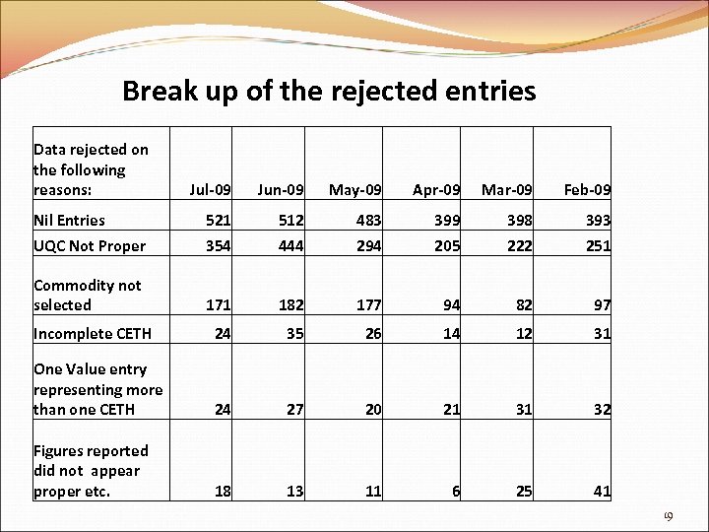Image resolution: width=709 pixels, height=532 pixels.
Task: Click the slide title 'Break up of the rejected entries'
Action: (329, 92)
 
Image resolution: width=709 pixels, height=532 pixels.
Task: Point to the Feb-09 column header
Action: (588, 189)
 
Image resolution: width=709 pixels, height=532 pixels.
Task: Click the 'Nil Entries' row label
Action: (69, 220)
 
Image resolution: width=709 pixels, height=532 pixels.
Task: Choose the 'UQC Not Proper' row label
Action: (89, 246)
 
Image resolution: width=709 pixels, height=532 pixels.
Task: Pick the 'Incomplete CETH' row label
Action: (92, 333)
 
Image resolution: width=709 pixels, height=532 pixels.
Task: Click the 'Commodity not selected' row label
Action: (87, 295)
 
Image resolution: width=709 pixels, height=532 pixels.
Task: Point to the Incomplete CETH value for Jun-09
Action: (294, 333)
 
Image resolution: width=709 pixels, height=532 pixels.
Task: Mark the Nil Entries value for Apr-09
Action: (446, 220)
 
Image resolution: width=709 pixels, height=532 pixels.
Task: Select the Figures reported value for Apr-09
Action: (455, 491)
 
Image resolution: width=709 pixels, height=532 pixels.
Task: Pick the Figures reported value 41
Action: (601, 491)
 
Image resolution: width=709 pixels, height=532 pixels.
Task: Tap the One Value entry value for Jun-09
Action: (294, 409)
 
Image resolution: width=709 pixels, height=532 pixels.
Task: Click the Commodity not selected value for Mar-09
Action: (523, 305)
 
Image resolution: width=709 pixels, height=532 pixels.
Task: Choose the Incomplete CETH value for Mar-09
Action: (523, 333)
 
